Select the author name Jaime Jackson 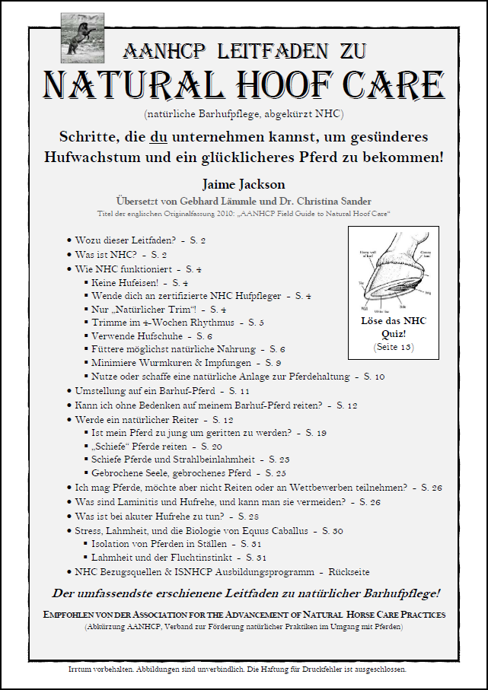pos(244,185)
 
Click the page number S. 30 pos(333,529)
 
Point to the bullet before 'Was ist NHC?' pos(69,255)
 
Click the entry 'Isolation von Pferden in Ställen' pos(158,543)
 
